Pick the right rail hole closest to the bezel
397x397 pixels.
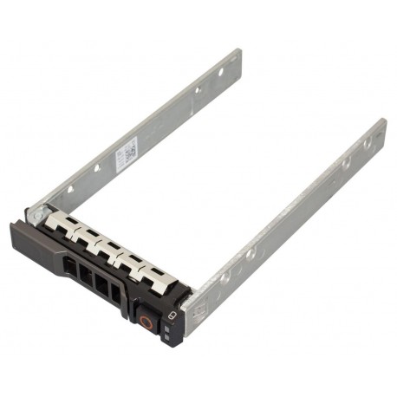pyautogui.click(x=225, y=277)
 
